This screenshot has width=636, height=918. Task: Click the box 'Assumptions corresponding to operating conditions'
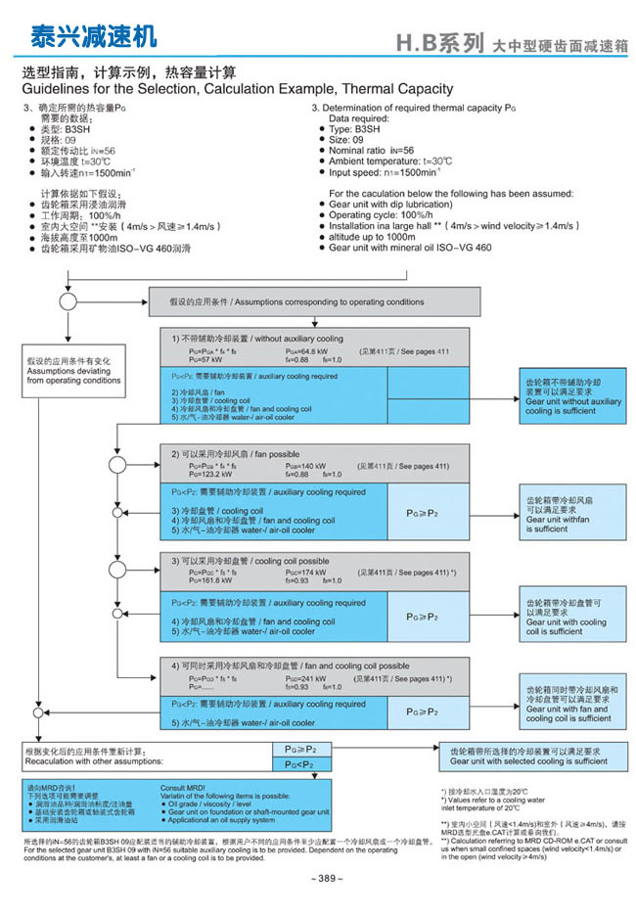point(314,302)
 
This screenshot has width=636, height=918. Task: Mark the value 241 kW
point(314,677)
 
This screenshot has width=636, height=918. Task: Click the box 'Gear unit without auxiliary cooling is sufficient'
point(572,396)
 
